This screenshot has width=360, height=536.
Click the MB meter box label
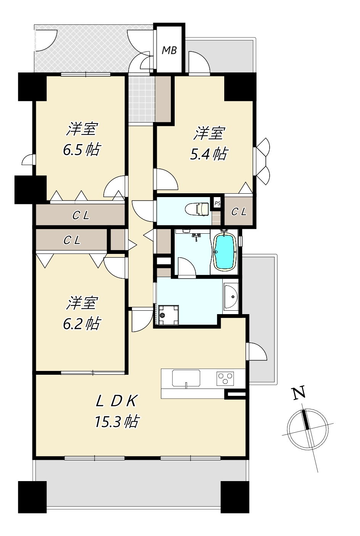click(169, 50)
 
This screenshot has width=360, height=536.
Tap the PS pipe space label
click(217, 204)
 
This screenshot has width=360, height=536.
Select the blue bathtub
click(225, 251)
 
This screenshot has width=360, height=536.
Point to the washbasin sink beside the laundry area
click(231, 296)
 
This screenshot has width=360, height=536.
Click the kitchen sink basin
click(186, 378)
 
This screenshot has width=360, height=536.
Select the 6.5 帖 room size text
click(81, 149)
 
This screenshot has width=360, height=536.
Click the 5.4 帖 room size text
click(208, 154)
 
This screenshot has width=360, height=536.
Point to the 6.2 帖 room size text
click(81, 324)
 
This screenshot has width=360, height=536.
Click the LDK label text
click(117, 400)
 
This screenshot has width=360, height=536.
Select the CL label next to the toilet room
click(239, 212)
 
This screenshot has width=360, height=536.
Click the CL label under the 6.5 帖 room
click(81, 215)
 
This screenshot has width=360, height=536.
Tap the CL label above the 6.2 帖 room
click(72, 240)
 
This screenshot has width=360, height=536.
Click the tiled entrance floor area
click(142, 99)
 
